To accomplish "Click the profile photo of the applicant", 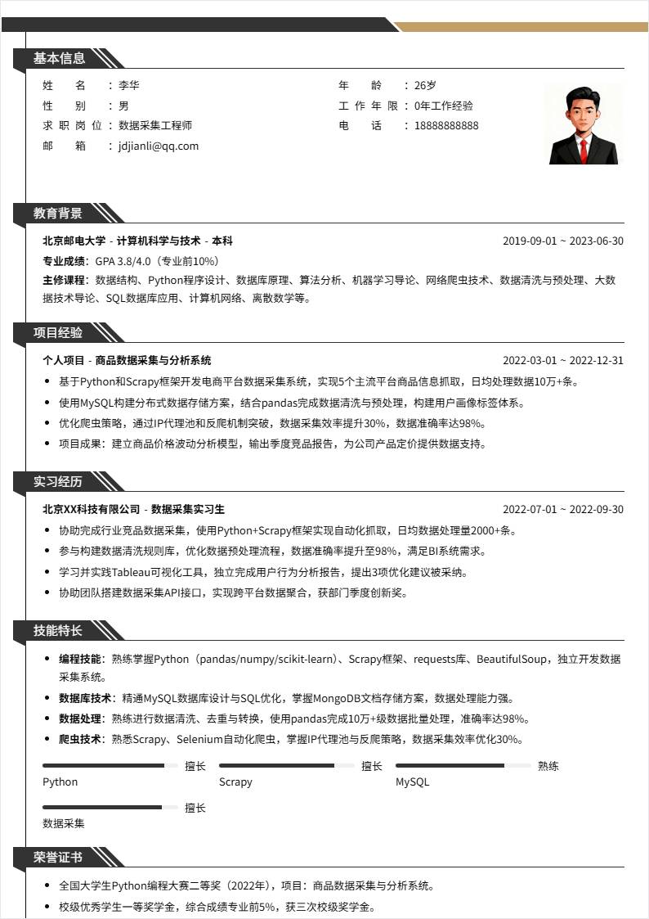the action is click(583, 124).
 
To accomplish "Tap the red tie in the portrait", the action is click(583, 148).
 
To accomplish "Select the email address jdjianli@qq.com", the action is click(159, 146).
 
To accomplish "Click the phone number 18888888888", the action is click(446, 126).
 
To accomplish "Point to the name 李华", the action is click(129, 85).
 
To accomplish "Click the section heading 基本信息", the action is click(59, 58).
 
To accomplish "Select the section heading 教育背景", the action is click(59, 214).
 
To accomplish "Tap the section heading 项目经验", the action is click(59, 333).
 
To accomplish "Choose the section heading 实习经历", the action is click(59, 482).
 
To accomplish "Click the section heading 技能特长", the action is click(59, 631).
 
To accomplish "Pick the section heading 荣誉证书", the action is click(59, 858).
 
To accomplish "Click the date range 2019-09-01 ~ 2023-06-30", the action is click(562, 241).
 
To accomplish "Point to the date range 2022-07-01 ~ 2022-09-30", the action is click(562, 510).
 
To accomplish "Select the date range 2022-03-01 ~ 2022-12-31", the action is click(562, 361).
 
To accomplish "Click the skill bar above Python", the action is click(110, 766).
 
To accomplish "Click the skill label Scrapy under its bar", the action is click(235, 782).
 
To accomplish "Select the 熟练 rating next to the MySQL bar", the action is click(548, 767).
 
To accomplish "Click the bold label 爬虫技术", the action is click(80, 740).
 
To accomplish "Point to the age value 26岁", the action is click(425, 85).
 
